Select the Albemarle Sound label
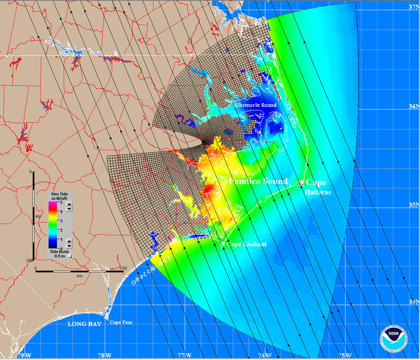(x=255, y=105)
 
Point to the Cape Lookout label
(x=247, y=244)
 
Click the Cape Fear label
(x=121, y=323)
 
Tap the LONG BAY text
(x=84, y=324)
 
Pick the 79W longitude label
(x=24, y=355)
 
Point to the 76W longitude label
(x=264, y=355)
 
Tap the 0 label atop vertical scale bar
(x=31, y=172)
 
